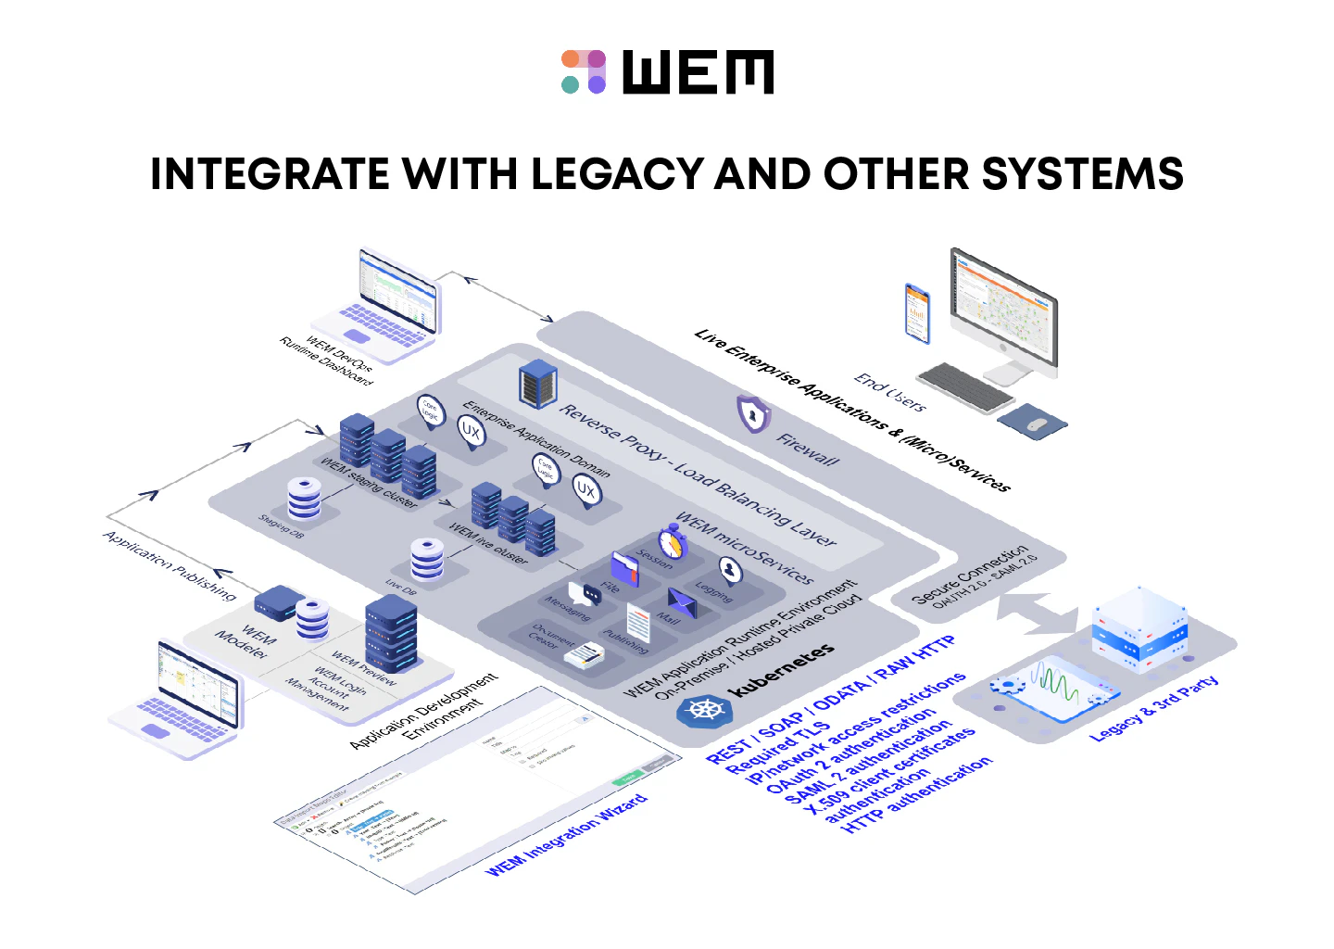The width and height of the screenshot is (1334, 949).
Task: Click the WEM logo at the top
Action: pos(667,72)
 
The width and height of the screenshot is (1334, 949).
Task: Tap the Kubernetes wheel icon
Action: pos(704,711)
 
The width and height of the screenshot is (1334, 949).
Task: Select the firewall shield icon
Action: pos(753,413)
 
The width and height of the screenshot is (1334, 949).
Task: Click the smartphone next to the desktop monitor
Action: pos(916,312)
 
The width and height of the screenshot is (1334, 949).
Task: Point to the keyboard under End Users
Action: pos(964,387)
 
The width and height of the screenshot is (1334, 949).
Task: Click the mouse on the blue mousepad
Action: pos(1037,424)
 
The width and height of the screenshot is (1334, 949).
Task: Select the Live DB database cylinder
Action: pos(426,558)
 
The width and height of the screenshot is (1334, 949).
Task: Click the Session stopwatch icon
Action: pos(673,542)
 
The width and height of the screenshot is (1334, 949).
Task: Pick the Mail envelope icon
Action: pos(682,602)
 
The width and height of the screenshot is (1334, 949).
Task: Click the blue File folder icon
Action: pos(625,568)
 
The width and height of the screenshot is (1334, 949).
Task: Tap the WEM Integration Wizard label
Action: pos(566,835)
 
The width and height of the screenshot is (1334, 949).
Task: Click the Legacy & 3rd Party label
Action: pos(1154,709)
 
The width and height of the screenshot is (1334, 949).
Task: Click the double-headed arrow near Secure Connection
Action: pos(1038,614)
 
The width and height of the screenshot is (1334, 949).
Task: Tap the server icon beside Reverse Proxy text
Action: pos(537,384)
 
